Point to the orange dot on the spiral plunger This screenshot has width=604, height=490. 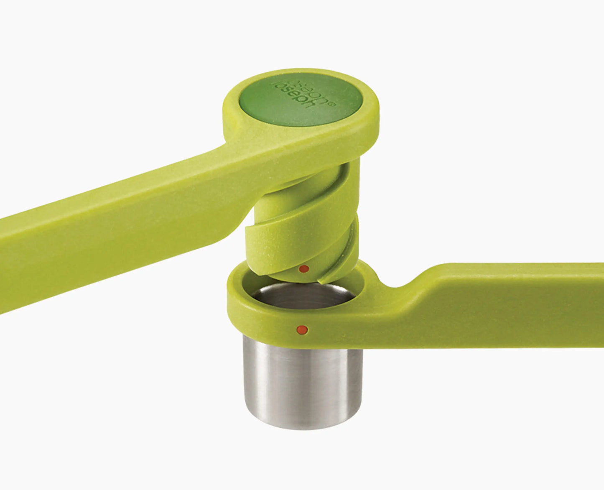305,269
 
